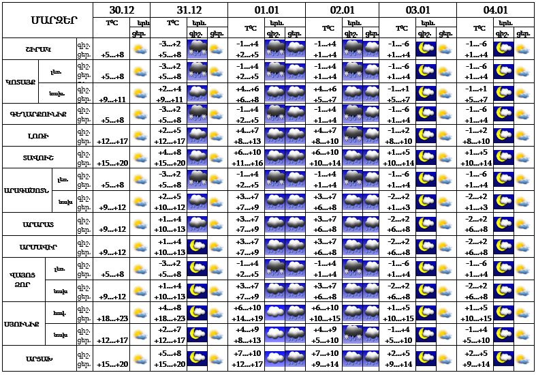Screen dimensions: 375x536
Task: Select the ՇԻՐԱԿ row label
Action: click(38, 49)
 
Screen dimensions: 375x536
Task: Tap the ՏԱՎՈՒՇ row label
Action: click(38, 157)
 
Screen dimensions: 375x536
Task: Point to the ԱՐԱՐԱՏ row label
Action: click(38, 223)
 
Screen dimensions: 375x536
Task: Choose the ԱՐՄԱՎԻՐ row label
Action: click(38, 245)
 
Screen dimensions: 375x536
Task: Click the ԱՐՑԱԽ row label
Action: click(38, 357)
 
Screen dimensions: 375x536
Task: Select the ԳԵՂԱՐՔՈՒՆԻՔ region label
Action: click(38, 113)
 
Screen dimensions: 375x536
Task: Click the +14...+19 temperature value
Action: click(247, 318)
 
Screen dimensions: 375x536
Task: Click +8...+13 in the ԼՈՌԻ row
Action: click(247, 141)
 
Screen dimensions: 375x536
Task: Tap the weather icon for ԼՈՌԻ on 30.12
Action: click(140, 135)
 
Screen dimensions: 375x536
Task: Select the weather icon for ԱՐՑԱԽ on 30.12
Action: click(140, 357)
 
